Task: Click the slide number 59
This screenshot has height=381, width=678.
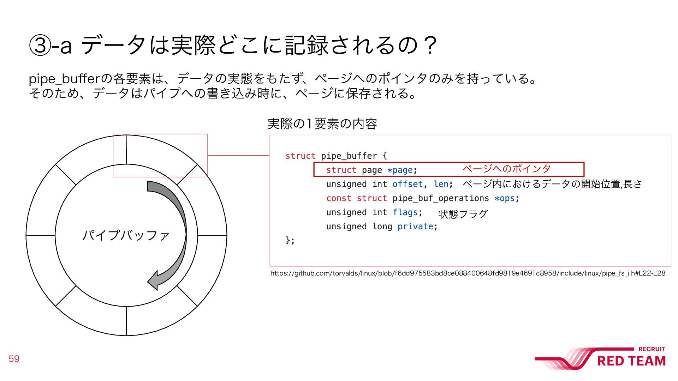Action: coord(14,359)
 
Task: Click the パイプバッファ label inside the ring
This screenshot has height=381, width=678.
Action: coord(126,235)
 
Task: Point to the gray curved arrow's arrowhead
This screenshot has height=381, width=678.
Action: coord(154,280)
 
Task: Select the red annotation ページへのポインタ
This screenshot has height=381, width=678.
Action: coord(506,169)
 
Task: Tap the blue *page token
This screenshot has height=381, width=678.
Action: coord(400,170)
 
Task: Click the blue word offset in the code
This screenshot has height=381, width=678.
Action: coord(408,184)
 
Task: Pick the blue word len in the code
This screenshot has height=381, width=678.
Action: coord(441,184)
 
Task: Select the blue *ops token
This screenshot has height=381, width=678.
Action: coord(504,198)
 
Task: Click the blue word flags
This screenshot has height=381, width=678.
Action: coord(405,212)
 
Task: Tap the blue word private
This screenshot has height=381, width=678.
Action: coord(415,226)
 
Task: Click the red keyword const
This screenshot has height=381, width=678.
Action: coord(339,198)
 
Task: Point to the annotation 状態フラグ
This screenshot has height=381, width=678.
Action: coord(463,214)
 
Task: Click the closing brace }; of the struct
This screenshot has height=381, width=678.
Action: coord(290,241)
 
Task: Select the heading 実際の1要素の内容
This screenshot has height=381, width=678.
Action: coord(322,124)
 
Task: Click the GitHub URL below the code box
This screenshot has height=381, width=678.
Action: coord(468,273)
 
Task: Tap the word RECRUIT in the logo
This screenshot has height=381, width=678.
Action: coord(652,349)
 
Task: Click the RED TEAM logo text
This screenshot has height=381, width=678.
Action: coord(631,361)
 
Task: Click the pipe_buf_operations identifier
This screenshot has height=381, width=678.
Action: coord(440,198)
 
